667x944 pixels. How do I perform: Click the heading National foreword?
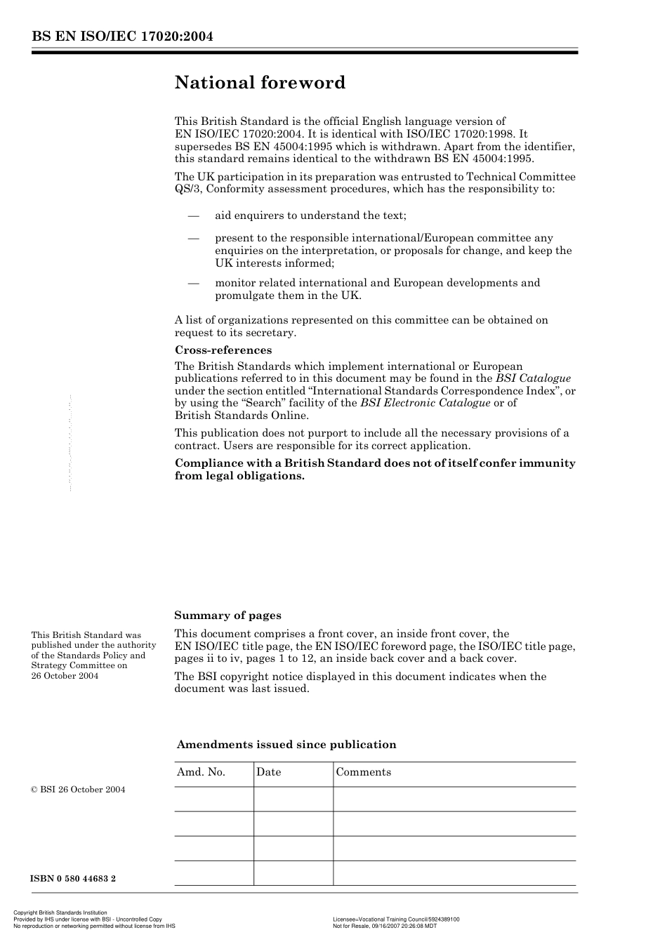[260, 83]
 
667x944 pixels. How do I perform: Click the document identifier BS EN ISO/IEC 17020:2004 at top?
[122, 36]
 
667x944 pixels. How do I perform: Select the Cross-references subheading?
[223, 350]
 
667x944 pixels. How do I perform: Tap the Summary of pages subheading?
[227, 616]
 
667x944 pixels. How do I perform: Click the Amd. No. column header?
[201, 772]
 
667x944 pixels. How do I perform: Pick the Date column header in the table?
[268, 772]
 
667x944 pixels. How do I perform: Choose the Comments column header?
[363, 772]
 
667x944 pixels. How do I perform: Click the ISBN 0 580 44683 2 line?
[73, 878]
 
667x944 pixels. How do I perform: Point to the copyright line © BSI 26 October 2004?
[78, 790]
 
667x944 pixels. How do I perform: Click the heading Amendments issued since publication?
[286, 745]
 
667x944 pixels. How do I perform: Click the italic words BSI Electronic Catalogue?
[425, 403]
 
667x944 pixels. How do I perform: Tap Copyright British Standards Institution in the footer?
[60, 913]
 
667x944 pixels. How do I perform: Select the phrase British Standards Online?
[242, 416]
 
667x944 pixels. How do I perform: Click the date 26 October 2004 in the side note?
[65, 676]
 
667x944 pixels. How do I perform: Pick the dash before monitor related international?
[194, 283]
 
